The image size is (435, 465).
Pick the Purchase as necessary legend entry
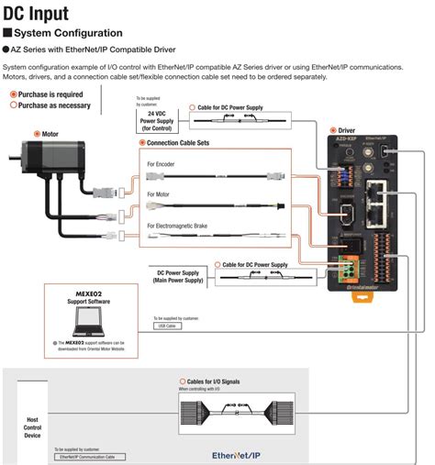point(50,105)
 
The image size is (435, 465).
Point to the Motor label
point(56,132)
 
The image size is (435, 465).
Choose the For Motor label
point(160,194)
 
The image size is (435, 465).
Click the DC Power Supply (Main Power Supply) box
point(179,275)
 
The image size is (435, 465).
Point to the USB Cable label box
point(165,325)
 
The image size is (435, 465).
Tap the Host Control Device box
point(32,426)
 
